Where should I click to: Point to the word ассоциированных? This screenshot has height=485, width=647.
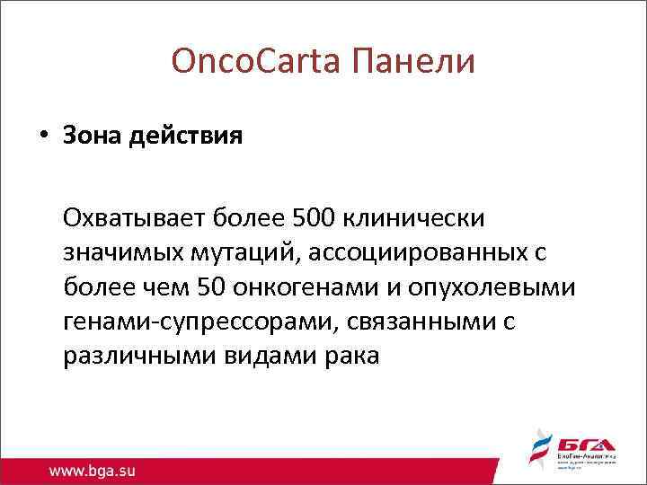(x=418, y=252)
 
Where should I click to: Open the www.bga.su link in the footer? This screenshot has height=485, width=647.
(x=93, y=469)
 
